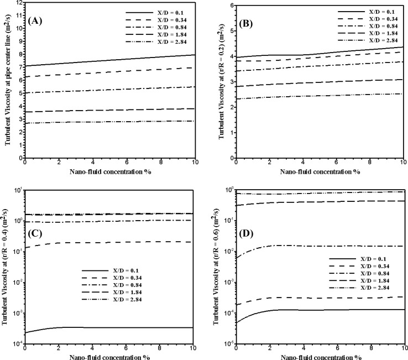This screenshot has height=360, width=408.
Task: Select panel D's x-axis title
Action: tap(321, 356)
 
